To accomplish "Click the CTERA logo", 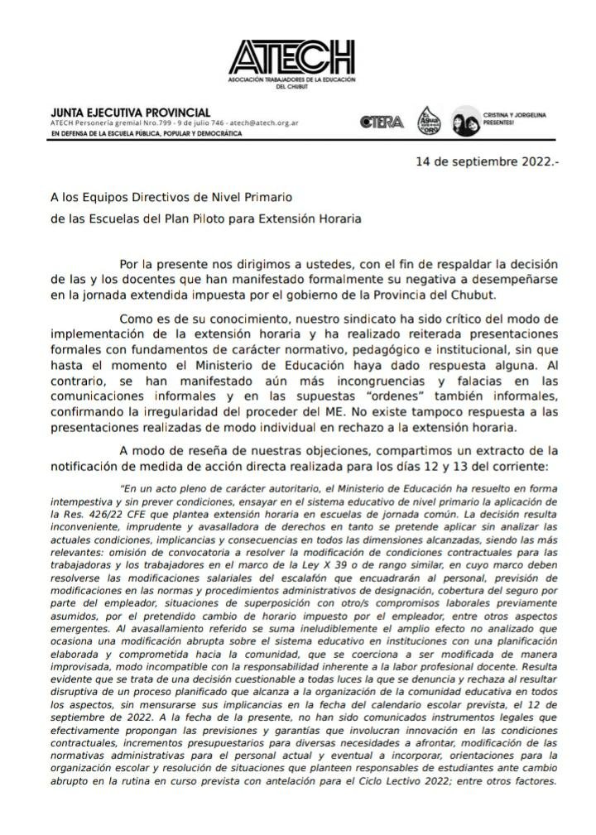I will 382,122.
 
